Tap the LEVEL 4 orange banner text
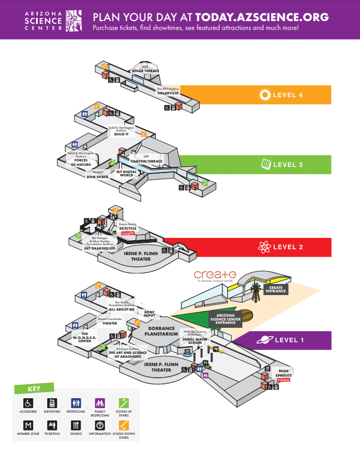[x=287, y=95]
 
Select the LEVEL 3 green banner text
[x=287, y=165]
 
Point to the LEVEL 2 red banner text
[x=287, y=247]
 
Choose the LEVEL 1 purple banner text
[x=287, y=340]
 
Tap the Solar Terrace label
[x=145, y=69]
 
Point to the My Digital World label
[x=126, y=173]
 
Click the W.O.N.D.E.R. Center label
[x=80, y=337]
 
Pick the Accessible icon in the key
[x=28, y=403]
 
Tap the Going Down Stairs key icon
[x=123, y=425]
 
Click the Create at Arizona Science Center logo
[x=215, y=276]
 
